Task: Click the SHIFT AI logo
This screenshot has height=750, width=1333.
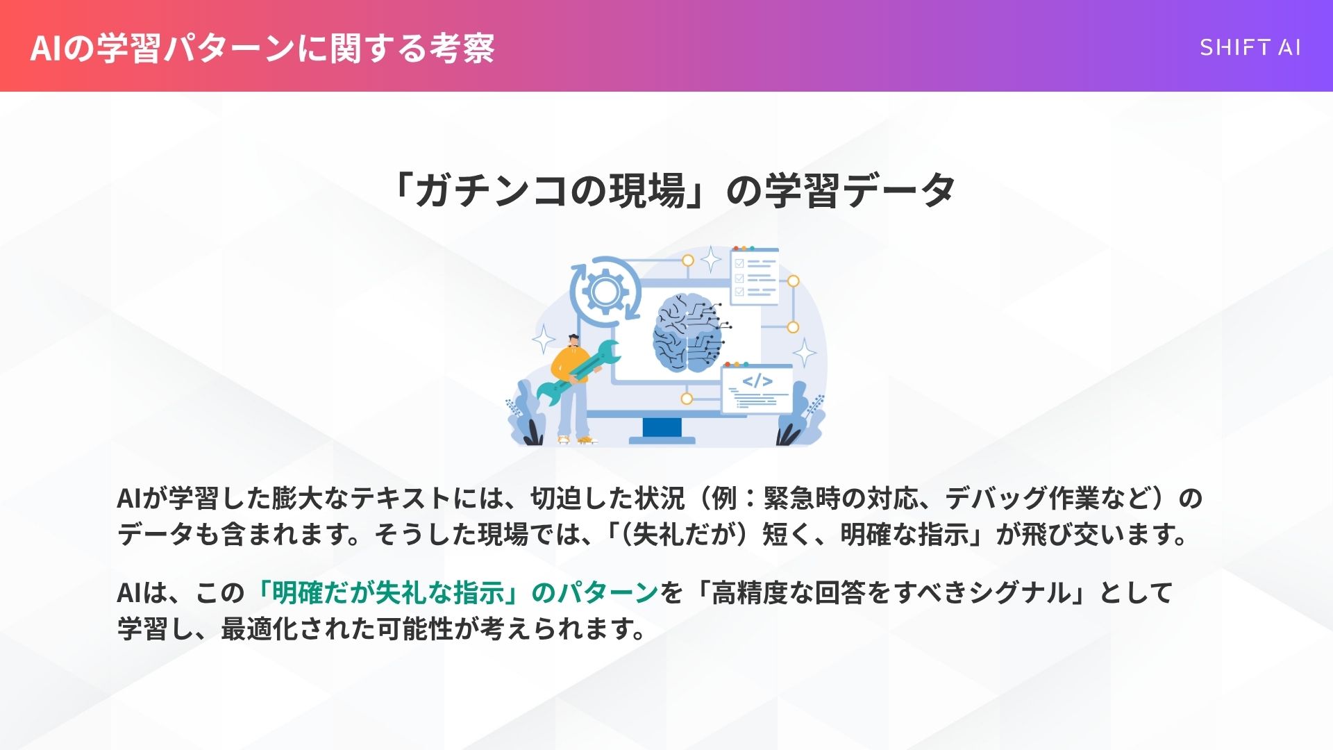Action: click(1250, 47)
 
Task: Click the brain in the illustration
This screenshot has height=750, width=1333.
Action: click(687, 333)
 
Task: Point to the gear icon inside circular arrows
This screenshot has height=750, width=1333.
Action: click(605, 290)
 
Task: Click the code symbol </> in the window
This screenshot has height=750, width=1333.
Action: click(757, 381)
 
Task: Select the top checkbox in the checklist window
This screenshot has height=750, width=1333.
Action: click(739, 264)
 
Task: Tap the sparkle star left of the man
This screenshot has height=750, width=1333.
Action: click(544, 340)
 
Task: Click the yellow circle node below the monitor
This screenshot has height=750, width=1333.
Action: click(687, 399)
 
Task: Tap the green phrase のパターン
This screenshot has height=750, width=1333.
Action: click(594, 592)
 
